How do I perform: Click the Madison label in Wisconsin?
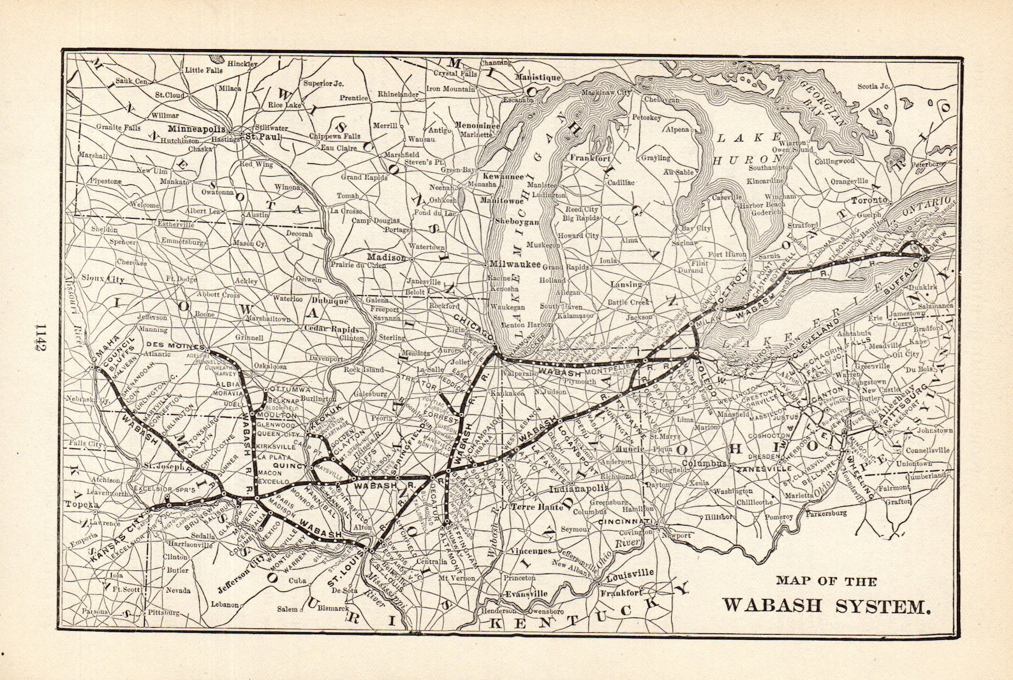click(385, 257)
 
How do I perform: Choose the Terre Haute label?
click(537, 507)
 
